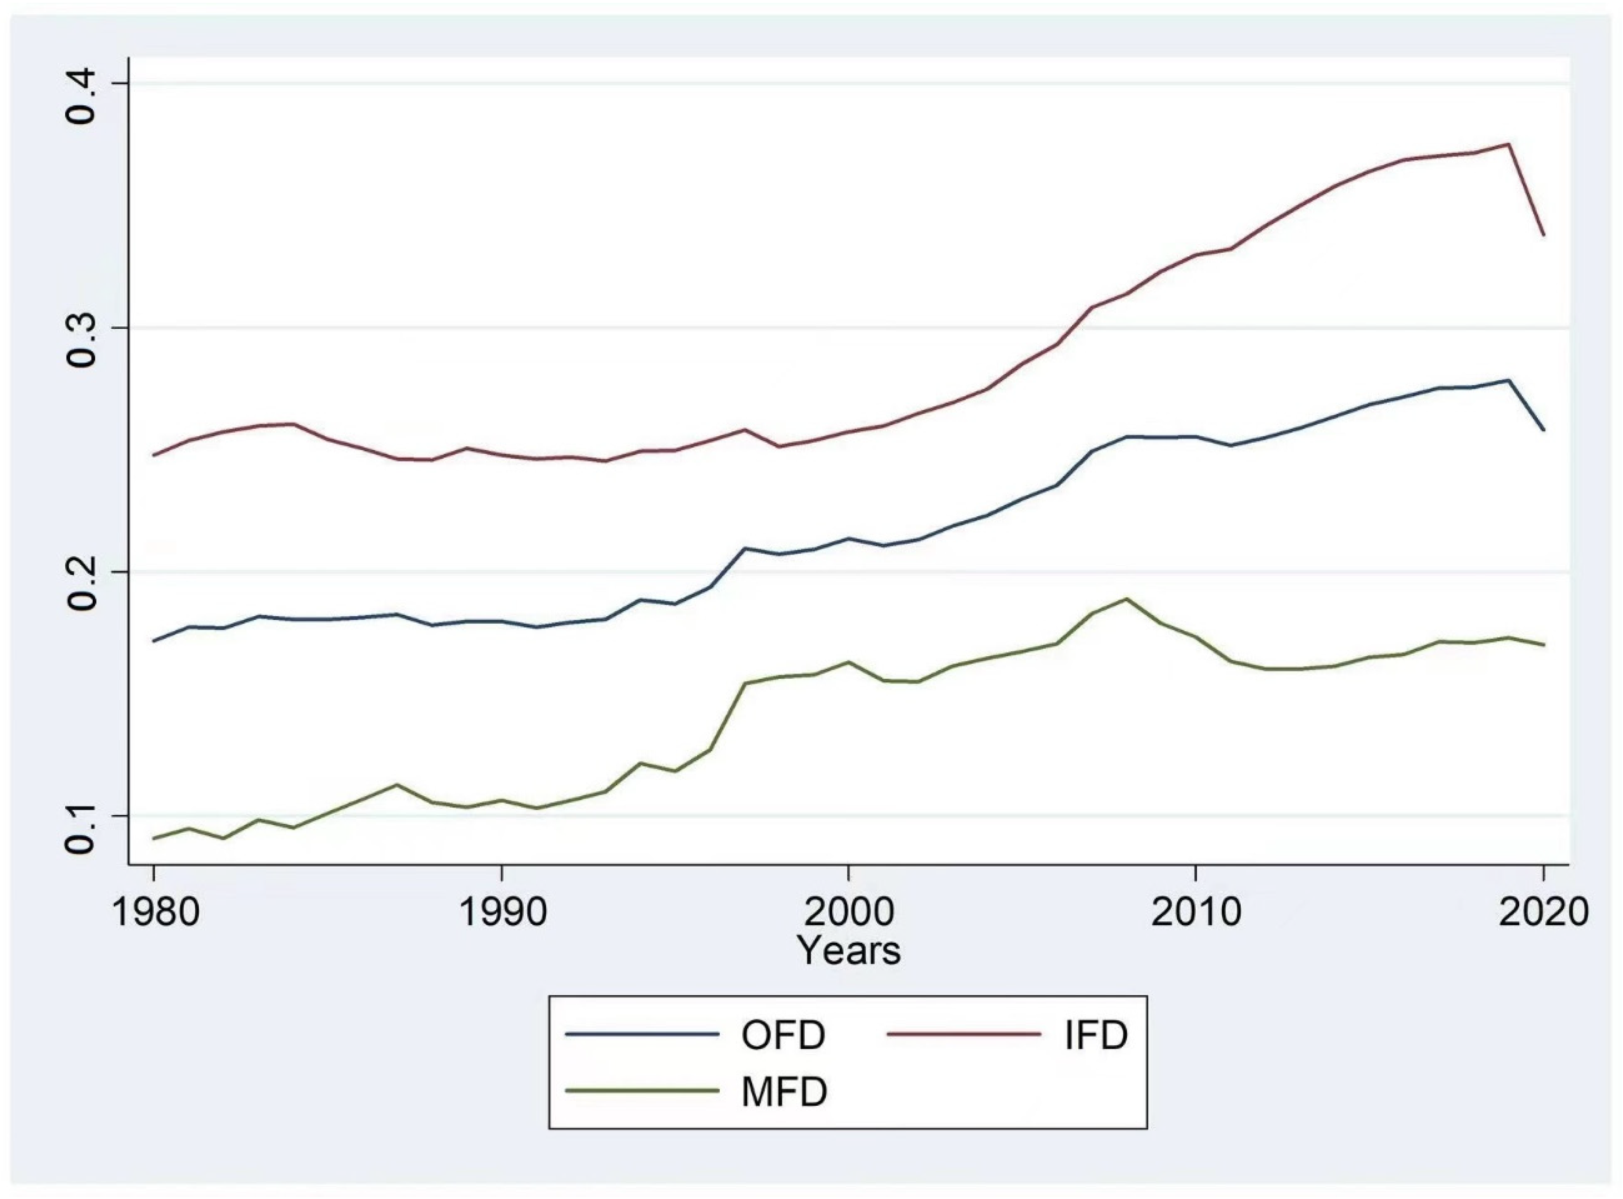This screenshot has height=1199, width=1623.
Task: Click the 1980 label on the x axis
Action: [x=155, y=913]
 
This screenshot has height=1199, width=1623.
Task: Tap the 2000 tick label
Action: [x=848, y=913]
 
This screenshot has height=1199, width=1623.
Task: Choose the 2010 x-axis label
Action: [x=1196, y=913]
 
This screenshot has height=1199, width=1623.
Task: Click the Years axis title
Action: [x=848, y=950]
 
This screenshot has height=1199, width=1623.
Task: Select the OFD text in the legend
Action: [x=783, y=1035]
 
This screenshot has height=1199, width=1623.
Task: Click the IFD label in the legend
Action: [x=1096, y=1035]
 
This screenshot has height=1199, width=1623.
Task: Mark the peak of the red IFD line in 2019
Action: [x=1508, y=144]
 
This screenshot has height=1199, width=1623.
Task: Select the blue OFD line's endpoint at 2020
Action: [x=1543, y=430]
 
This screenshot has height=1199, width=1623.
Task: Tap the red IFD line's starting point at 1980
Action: [x=155, y=455]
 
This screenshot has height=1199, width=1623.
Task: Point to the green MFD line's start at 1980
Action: [x=155, y=838]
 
